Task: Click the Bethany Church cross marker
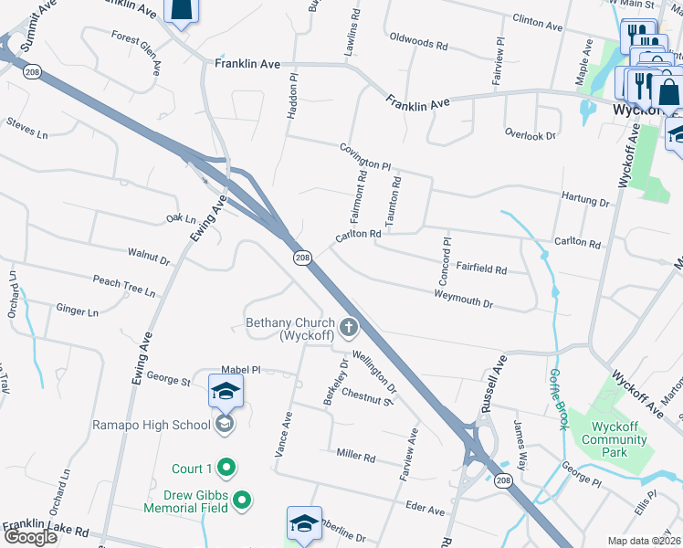pos(348,327)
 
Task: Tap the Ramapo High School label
pos(152,425)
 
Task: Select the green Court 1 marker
pos(227,469)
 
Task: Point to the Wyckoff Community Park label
pos(620,439)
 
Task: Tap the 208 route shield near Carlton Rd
pos(302,259)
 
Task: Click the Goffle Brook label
pos(557,399)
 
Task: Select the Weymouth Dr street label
pos(463,298)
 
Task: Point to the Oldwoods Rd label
pos(418,42)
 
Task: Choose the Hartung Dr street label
pos(585,200)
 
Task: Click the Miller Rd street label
pos(356,455)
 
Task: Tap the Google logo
pos(30,537)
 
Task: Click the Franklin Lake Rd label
pos(45,528)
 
